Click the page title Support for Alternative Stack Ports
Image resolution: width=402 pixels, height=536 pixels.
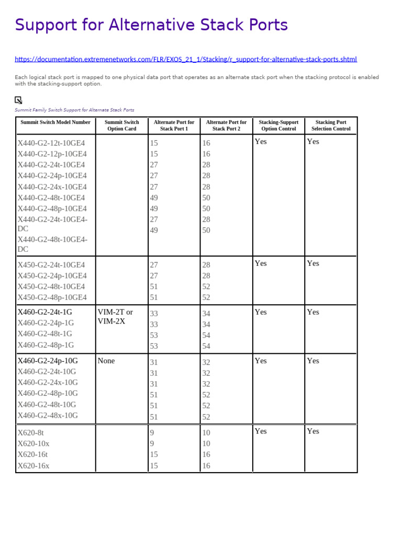click(151, 25)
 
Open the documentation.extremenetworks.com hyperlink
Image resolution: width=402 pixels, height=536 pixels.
click(186, 60)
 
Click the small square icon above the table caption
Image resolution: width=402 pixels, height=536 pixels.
click(18, 100)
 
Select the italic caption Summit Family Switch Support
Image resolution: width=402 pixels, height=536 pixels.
click(74, 110)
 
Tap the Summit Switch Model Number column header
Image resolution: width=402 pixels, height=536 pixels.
click(55, 122)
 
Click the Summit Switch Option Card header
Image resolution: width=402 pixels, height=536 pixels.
click(121, 125)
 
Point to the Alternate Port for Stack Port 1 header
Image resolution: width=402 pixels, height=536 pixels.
click(174, 125)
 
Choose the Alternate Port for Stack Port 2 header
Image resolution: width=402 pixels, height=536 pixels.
click(226, 125)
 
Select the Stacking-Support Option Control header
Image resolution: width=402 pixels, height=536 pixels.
click(278, 125)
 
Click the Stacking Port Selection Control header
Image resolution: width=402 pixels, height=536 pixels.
click(331, 125)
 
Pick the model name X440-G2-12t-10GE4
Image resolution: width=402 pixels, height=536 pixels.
click(51, 143)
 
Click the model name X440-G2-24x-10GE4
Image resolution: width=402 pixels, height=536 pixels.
click(52, 187)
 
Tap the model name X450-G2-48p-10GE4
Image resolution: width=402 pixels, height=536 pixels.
click(52, 297)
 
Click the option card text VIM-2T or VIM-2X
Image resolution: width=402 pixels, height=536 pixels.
click(115, 317)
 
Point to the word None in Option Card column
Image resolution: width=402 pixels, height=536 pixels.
click(106, 361)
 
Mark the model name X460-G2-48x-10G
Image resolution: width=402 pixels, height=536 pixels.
click(48, 416)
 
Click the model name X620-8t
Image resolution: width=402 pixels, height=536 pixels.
click(30, 433)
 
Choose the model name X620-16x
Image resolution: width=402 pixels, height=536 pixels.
click(33, 466)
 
